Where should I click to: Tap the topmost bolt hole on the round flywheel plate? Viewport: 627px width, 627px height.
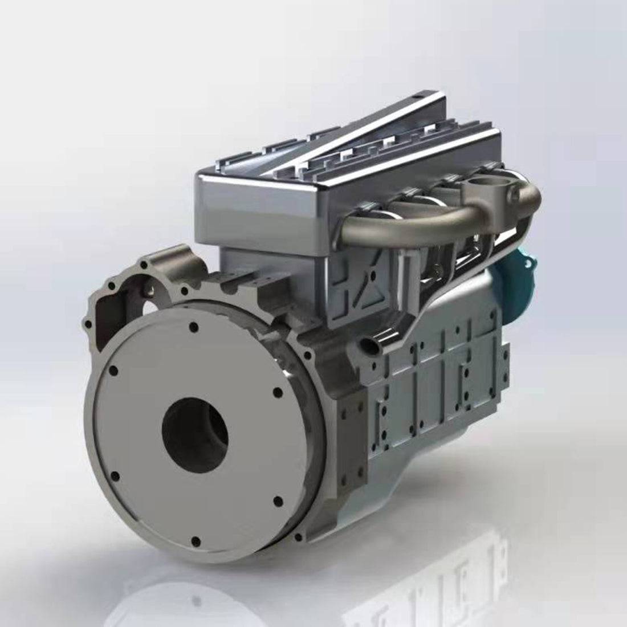[194, 327]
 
